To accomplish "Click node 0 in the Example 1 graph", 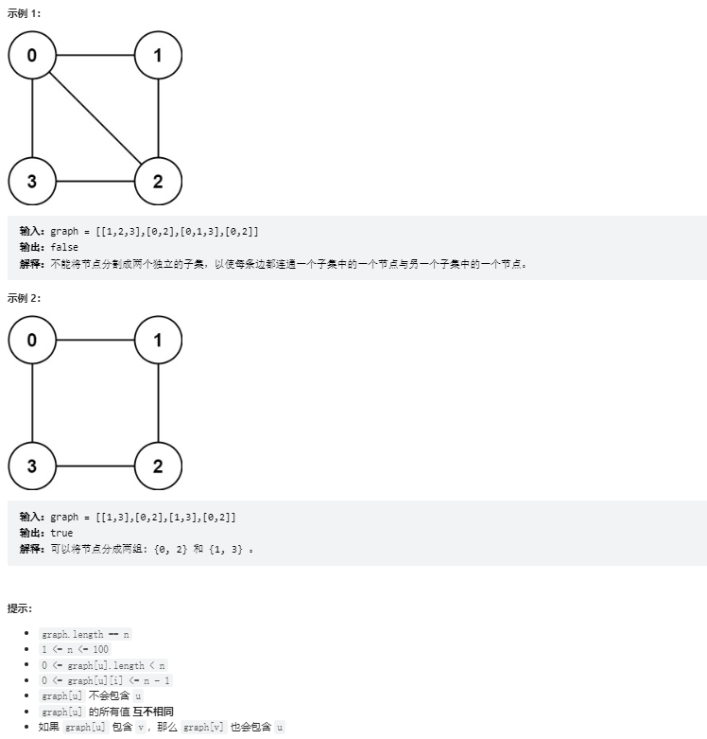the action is pyautogui.click(x=32, y=56).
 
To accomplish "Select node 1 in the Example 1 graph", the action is pyautogui.click(x=158, y=56).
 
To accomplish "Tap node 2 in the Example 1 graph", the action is pyautogui.click(x=158, y=181).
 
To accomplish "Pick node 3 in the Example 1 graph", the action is pyautogui.click(x=32, y=181).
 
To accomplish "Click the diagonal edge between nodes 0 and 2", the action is pyautogui.click(x=95, y=118).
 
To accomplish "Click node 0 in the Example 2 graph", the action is pyautogui.click(x=32, y=340).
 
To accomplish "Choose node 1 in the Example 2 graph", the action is pyautogui.click(x=158, y=340).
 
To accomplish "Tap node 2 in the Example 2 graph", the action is pyautogui.click(x=158, y=466).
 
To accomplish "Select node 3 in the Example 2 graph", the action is pyautogui.click(x=32, y=466).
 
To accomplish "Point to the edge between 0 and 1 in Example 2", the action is pyautogui.click(x=95, y=340).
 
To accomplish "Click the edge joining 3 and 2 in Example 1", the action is pyautogui.click(x=95, y=181).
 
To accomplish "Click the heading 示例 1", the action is pyautogui.click(x=24, y=13).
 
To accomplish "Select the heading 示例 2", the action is pyautogui.click(x=24, y=298).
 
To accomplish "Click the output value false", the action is pyautogui.click(x=64, y=248).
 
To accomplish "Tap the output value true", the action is pyautogui.click(x=61, y=533).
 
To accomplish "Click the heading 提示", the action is pyautogui.click(x=20, y=607).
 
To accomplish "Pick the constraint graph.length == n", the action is pyautogui.click(x=86, y=634).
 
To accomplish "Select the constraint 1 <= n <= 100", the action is pyautogui.click(x=75, y=649).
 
